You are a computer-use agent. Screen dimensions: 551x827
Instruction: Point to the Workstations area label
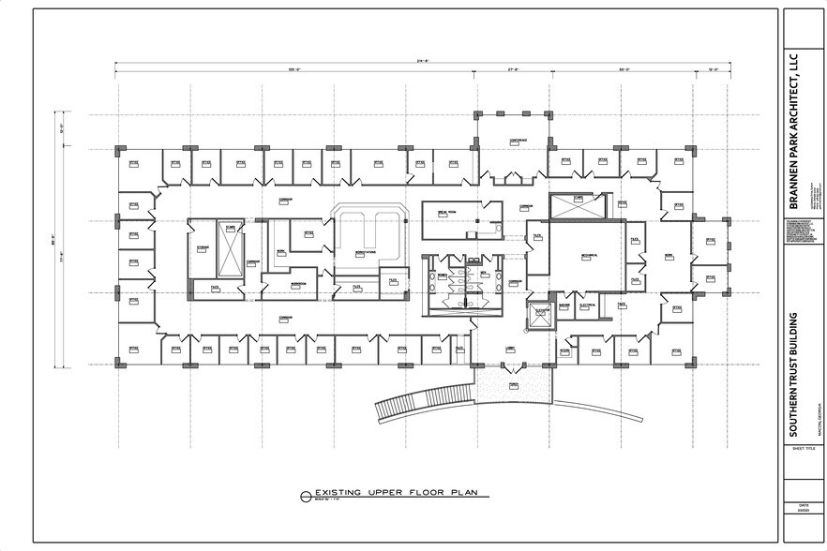(x=353, y=253)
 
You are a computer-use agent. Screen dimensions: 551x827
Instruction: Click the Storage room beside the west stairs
(x=201, y=248)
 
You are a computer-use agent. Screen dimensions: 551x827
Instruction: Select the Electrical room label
(x=588, y=305)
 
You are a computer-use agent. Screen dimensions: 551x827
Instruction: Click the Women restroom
(x=443, y=278)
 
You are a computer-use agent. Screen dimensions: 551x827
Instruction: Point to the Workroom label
(x=298, y=284)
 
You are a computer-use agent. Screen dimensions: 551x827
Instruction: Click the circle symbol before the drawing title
(x=305, y=493)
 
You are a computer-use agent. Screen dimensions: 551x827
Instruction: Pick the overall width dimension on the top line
(x=421, y=61)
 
